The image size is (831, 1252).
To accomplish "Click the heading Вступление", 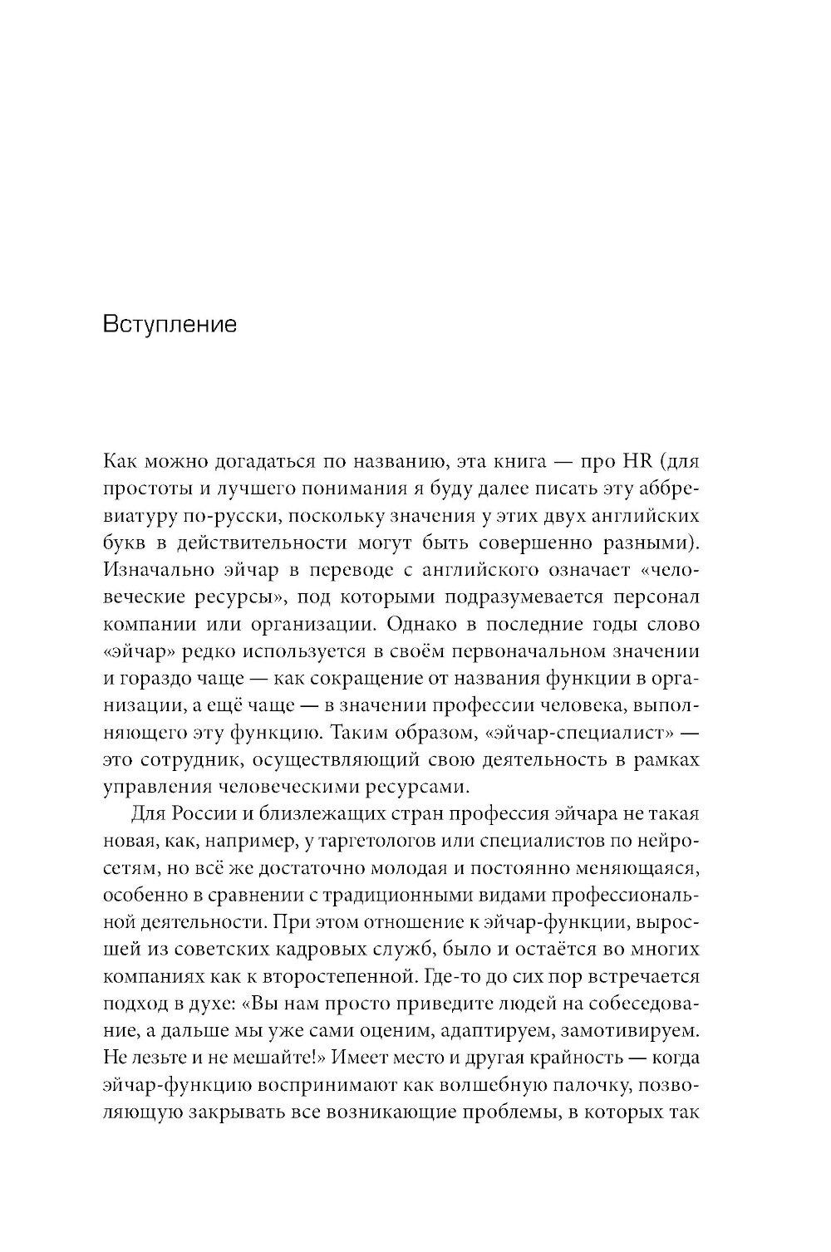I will (x=170, y=324).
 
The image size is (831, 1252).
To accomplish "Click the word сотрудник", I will (x=175, y=759).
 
